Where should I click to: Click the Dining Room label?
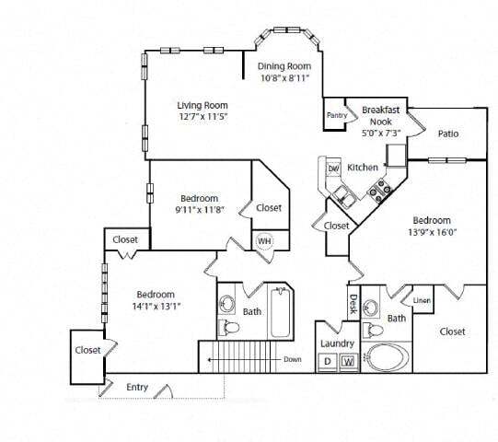(x=284, y=66)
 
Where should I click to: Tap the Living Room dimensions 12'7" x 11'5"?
(x=202, y=117)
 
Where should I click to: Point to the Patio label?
(x=448, y=134)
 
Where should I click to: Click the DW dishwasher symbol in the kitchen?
(x=334, y=169)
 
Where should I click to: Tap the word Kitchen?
(x=362, y=168)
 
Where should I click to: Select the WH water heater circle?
(x=265, y=241)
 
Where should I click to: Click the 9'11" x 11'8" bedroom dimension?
(x=199, y=210)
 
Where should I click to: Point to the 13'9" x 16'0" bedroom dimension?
(x=431, y=233)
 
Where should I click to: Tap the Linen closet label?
(x=422, y=301)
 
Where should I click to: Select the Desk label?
(x=353, y=303)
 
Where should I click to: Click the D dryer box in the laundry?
(x=328, y=361)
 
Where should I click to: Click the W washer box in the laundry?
(x=348, y=361)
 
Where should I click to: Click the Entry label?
(x=137, y=388)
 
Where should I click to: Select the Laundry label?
(x=338, y=343)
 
